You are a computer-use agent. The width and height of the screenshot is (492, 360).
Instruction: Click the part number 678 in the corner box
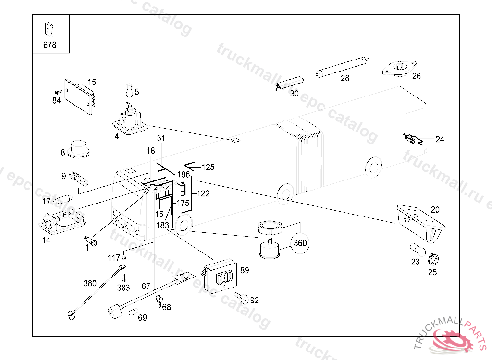[49, 45]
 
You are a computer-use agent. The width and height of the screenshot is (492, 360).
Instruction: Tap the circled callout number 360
[300, 243]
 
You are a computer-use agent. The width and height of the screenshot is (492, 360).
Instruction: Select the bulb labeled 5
[128, 90]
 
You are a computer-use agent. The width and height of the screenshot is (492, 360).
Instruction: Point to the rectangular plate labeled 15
[80, 97]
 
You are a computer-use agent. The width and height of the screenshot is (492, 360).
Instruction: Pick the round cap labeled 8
[79, 149]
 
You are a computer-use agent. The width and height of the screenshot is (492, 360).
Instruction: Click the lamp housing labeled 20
[422, 223]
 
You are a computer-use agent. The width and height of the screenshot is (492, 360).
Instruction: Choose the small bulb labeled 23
[416, 250]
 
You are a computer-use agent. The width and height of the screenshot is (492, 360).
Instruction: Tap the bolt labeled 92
[242, 299]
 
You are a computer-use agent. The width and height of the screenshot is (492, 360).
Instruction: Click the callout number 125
[208, 167]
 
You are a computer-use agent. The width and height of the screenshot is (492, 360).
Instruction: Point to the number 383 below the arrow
[123, 288]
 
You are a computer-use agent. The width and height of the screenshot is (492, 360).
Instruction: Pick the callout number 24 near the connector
[440, 139]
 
